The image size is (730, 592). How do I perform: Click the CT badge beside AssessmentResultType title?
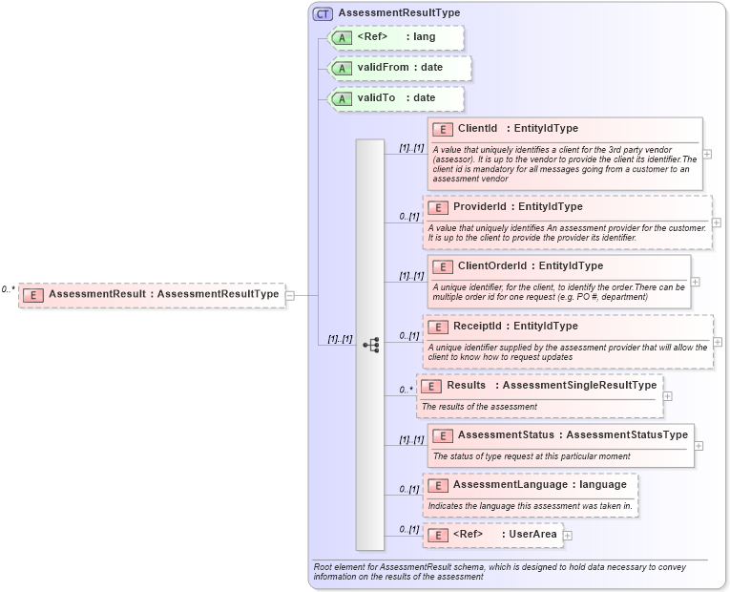coord(323,13)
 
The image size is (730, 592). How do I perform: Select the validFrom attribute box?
coord(399,68)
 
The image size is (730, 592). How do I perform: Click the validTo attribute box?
coord(395,98)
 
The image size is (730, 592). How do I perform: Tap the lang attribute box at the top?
coord(395,37)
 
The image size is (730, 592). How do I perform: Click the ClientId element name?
coord(477,129)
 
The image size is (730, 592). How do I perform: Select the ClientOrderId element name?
coord(490,266)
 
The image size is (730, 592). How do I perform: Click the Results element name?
coord(467,386)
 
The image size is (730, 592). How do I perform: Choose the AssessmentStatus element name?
coord(505,435)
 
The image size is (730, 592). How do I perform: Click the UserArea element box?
coord(492,535)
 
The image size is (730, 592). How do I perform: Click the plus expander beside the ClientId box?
coord(707,154)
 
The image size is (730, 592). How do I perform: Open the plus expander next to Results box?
coord(667,395)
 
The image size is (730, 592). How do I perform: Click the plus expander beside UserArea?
coord(568,536)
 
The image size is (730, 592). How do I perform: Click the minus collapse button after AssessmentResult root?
coord(289,295)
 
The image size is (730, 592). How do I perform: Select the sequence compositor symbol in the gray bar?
coord(371,345)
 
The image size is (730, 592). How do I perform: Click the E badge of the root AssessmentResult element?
coord(32,295)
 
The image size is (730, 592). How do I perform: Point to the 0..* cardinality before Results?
coord(406,390)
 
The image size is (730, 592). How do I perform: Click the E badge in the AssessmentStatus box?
coord(441,435)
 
